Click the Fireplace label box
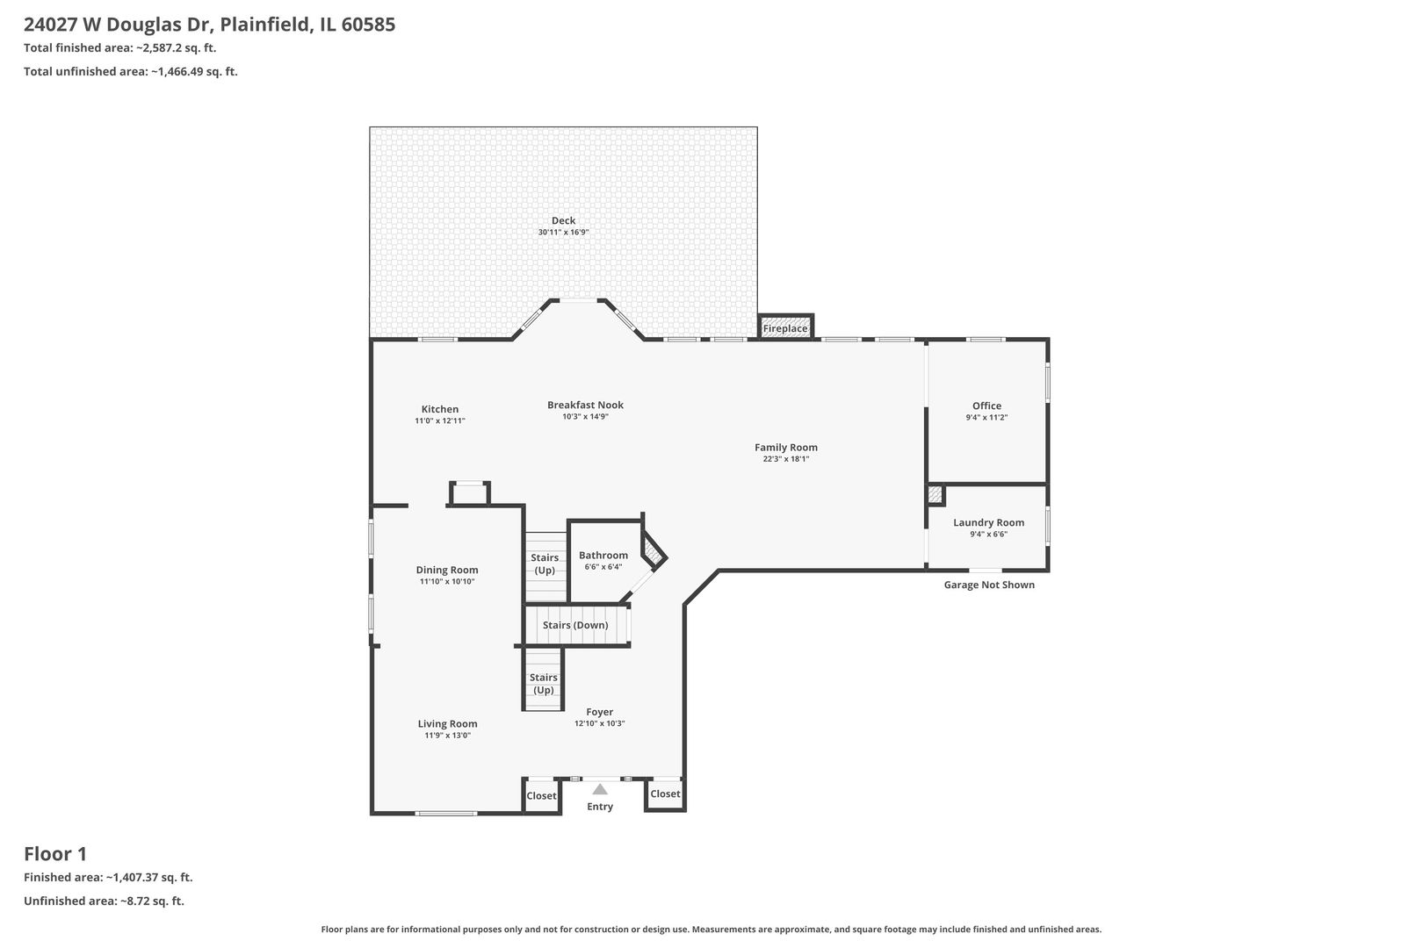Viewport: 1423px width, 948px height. tap(784, 328)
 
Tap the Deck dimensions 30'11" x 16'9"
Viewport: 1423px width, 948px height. tap(563, 233)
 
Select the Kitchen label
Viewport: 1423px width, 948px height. tap(440, 409)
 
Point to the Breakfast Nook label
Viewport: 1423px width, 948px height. tap(585, 405)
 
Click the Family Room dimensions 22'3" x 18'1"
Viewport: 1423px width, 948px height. tap(786, 459)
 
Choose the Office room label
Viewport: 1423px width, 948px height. tap(986, 406)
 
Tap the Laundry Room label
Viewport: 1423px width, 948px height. tap(988, 522)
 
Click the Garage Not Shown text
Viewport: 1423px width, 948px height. tap(989, 585)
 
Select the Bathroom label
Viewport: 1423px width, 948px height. tap(603, 555)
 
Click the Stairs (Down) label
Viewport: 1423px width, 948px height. tap(575, 625)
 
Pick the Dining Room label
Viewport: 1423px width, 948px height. tap(447, 570)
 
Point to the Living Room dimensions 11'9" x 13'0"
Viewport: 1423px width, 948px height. tap(448, 736)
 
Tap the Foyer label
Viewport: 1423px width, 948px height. tap(600, 712)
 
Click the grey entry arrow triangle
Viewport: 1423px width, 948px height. tap(600, 789)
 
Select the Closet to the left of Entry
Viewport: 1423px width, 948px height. tap(541, 796)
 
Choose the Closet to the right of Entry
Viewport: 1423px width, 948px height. tap(665, 794)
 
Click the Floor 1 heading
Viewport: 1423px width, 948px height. tap(55, 853)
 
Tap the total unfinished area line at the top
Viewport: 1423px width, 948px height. tap(131, 72)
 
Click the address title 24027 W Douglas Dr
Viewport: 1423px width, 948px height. tap(209, 25)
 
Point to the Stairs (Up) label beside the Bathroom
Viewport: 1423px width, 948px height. tap(545, 564)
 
